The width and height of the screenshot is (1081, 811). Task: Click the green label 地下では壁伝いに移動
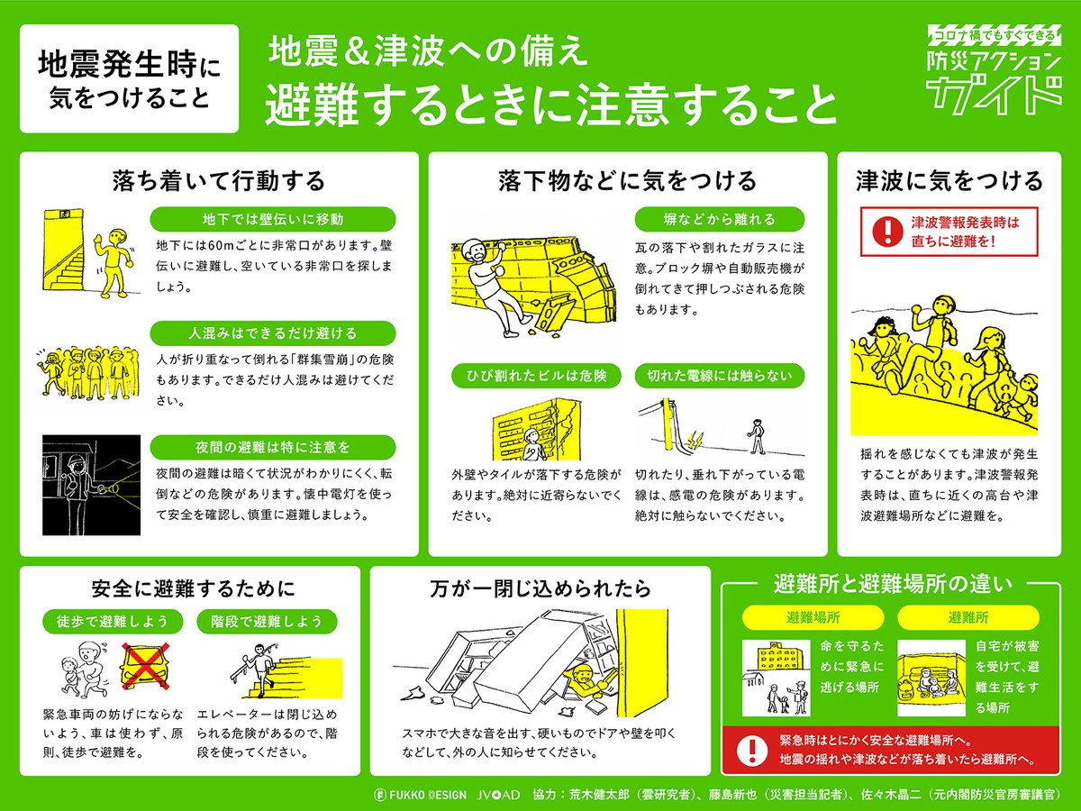(x=273, y=219)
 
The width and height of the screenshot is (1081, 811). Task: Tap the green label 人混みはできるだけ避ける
(x=273, y=333)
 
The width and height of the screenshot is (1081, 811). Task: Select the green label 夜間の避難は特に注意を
(x=273, y=446)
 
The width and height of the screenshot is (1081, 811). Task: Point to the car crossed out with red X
(x=144, y=665)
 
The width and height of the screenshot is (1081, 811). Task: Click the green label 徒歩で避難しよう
(x=113, y=621)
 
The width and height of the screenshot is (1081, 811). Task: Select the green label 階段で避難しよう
(x=267, y=621)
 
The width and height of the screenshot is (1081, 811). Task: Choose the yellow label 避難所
(x=967, y=617)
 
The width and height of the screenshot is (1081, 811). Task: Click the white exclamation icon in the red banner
(x=748, y=750)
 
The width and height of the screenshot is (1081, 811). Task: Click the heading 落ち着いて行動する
(x=218, y=181)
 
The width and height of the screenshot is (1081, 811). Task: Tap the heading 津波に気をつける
(x=949, y=181)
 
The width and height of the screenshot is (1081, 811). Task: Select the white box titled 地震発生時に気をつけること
(x=130, y=78)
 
